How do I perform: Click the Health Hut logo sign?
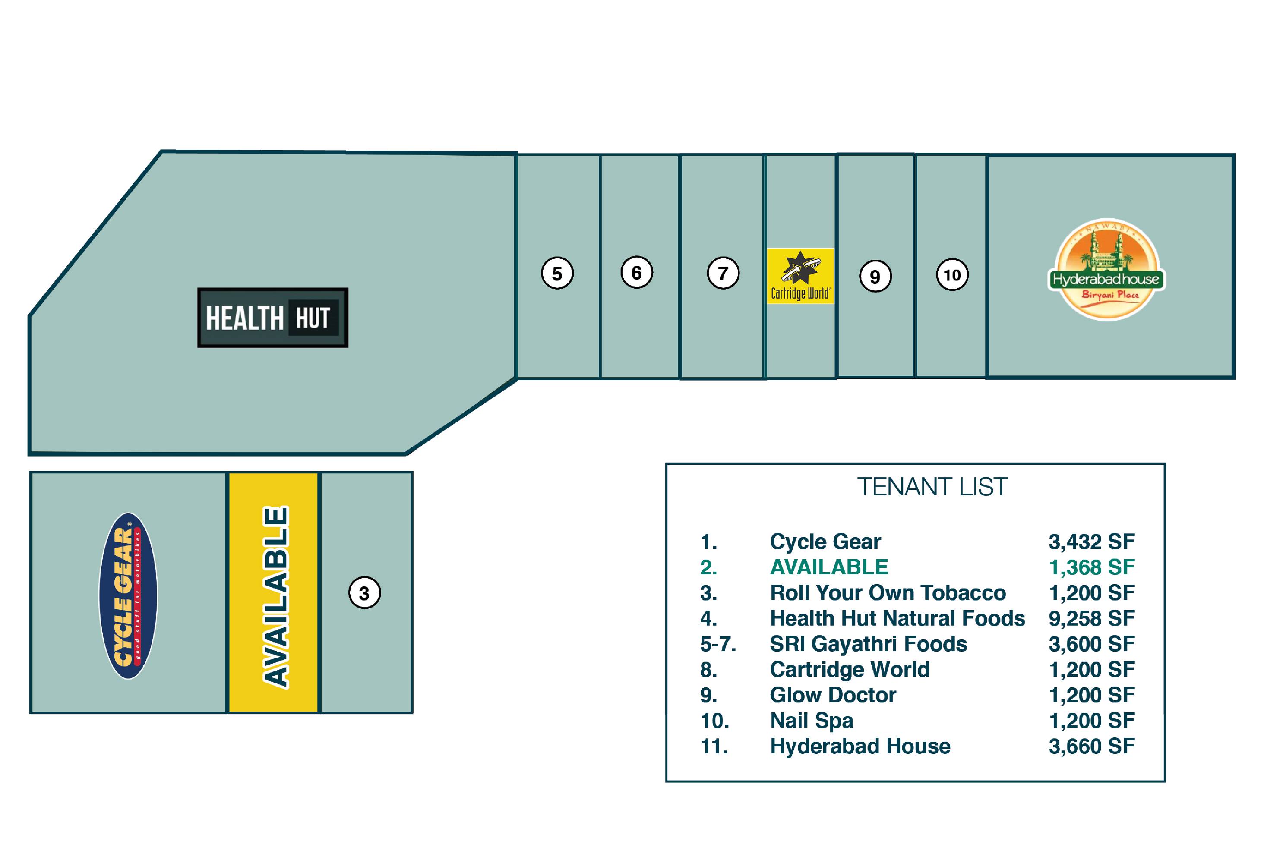(x=272, y=318)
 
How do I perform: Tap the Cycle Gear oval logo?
(x=128, y=595)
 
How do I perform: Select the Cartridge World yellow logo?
(x=800, y=276)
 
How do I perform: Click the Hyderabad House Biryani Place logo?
(x=1106, y=270)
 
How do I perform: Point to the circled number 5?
(x=557, y=273)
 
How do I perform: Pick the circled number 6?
(x=636, y=272)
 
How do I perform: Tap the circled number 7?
(x=723, y=273)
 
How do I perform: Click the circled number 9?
(x=875, y=277)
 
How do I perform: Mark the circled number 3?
(x=364, y=593)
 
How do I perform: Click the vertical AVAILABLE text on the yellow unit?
(x=276, y=597)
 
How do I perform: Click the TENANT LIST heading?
(x=932, y=487)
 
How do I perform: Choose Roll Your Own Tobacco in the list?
(x=888, y=593)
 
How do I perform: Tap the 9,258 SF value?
(x=1092, y=618)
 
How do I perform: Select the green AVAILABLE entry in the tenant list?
(x=829, y=567)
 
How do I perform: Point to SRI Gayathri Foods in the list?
(x=869, y=644)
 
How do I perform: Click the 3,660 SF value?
(x=1092, y=746)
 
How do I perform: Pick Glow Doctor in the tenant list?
(x=833, y=695)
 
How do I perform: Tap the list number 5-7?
(x=718, y=644)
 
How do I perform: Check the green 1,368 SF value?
(x=1092, y=567)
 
